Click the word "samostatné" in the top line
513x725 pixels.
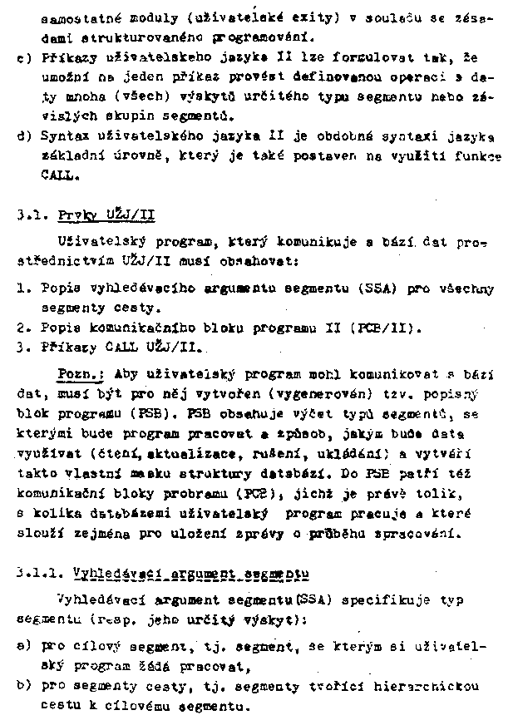click(x=72, y=17)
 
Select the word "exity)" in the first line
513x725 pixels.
click(x=308, y=17)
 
